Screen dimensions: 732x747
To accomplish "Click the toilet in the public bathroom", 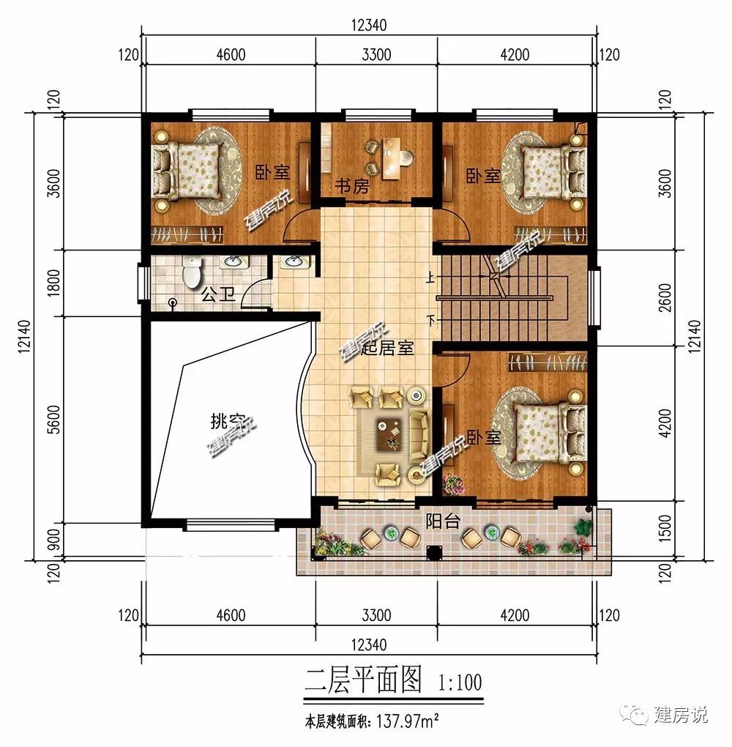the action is point(192,272).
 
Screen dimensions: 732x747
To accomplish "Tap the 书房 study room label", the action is point(352,185).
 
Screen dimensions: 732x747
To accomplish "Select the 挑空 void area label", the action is point(228,421).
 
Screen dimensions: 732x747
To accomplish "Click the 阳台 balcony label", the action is point(442,521).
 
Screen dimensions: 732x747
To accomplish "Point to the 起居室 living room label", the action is point(386,349).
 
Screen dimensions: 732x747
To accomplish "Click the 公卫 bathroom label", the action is point(218,294).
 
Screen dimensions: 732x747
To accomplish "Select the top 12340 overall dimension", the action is point(369,25).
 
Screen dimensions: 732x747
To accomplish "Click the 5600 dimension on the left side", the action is point(55,419).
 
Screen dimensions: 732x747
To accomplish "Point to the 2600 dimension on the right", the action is point(665,297).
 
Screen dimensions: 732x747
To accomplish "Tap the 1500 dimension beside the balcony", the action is point(665,528).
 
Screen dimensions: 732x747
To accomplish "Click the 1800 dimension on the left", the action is point(55,283).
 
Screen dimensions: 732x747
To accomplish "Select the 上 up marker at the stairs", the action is point(430,277).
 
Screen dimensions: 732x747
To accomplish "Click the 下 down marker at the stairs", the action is point(431,320).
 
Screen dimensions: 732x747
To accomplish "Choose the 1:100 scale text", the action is point(460,683).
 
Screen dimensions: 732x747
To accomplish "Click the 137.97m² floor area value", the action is point(408,721).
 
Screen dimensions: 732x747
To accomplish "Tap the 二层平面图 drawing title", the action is point(364,680).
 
